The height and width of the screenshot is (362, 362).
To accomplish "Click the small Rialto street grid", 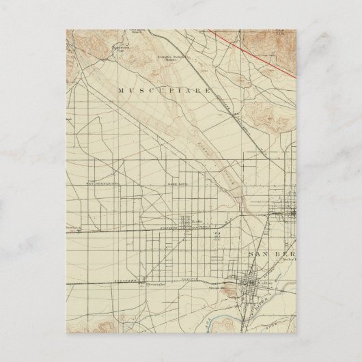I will (186, 227).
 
